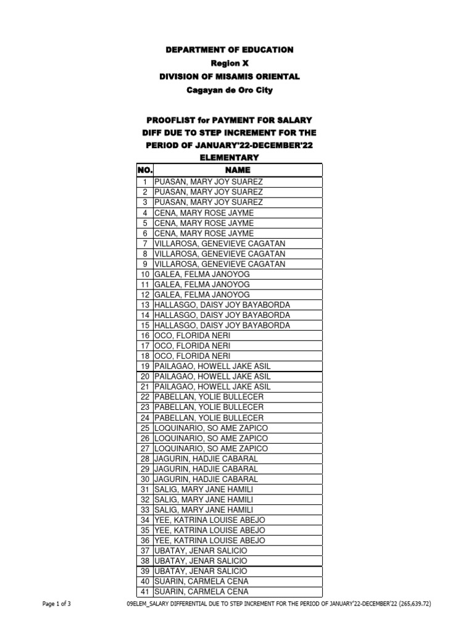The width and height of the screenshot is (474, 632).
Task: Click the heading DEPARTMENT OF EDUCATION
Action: (229, 49)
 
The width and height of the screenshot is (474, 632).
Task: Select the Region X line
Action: (229, 63)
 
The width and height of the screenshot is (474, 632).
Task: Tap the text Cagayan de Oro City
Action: (229, 90)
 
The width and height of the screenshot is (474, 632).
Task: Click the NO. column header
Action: (144, 170)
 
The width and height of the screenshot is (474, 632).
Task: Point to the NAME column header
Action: (238, 170)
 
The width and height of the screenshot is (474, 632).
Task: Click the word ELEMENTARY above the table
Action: (229, 158)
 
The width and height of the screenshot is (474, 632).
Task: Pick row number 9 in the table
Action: (145, 264)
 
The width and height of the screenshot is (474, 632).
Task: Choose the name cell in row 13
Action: (222, 305)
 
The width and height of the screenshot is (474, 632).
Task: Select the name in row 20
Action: (212, 376)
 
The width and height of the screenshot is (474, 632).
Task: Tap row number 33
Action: (145, 509)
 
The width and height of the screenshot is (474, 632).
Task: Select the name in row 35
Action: (210, 530)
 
